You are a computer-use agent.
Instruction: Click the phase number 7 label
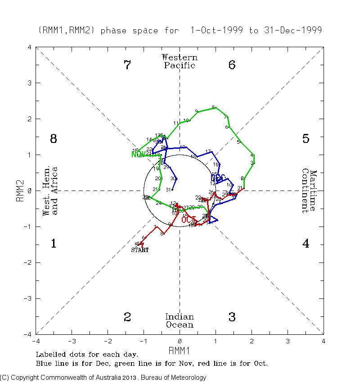click(127, 65)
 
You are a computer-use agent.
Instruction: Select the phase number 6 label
click(232, 65)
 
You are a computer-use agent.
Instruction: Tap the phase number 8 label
click(53, 139)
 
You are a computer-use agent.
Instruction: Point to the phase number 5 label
click(306, 139)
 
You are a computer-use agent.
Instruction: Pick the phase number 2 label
click(127, 317)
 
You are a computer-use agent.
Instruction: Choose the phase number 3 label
click(232, 317)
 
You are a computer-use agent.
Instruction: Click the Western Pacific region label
click(180, 62)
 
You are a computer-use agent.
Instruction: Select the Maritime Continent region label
click(309, 191)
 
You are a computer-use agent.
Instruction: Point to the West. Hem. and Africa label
click(50, 191)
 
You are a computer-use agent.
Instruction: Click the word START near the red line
click(139, 250)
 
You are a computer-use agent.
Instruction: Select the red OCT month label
click(189, 220)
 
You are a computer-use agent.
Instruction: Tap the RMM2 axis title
click(20, 191)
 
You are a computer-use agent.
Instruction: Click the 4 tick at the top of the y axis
click(29, 47)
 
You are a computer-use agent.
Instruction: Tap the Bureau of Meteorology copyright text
click(103, 378)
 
